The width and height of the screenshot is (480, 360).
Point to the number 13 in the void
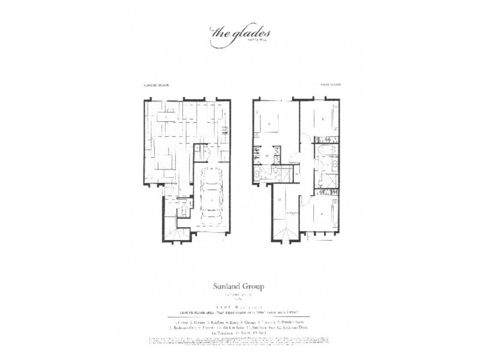[280, 200]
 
